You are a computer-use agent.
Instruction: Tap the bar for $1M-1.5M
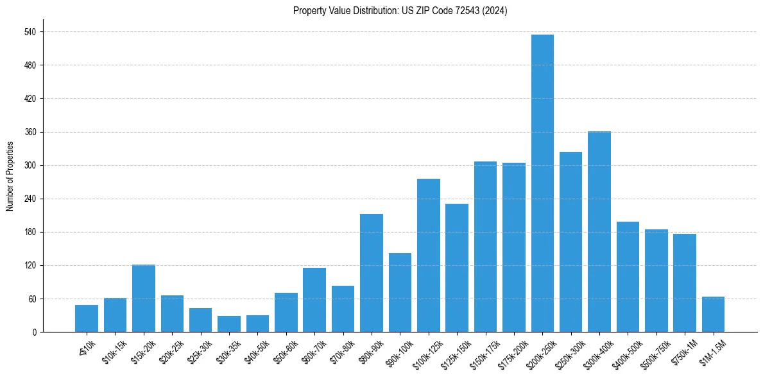(x=713, y=315)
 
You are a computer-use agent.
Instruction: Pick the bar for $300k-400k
(x=599, y=232)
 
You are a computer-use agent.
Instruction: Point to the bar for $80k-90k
(x=372, y=273)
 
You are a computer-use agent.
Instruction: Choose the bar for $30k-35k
(x=229, y=324)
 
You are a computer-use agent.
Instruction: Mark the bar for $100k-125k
(x=429, y=256)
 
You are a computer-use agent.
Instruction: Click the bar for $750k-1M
(x=685, y=283)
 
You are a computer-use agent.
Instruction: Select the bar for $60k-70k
(x=314, y=300)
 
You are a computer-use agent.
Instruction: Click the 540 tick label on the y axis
(x=30, y=32)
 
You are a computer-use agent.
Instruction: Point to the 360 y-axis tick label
(x=30, y=132)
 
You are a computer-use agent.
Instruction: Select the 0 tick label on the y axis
(x=34, y=332)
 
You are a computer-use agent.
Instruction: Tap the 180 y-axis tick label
(x=30, y=232)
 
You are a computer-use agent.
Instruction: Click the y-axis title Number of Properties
(x=10, y=176)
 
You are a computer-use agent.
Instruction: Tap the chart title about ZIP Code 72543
(x=400, y=11)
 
